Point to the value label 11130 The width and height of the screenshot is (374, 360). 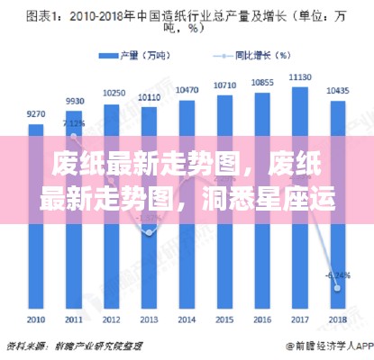[300, 78]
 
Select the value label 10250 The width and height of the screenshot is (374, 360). [113, 93]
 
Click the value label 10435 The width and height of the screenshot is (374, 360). [338, 92]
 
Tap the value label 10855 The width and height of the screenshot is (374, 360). [263, 83]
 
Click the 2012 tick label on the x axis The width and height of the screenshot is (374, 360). [112, 320]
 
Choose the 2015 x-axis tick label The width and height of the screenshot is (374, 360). [225, 320]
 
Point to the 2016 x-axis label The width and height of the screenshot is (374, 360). [263, 320]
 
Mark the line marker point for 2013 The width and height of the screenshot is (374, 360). [151, 232]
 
